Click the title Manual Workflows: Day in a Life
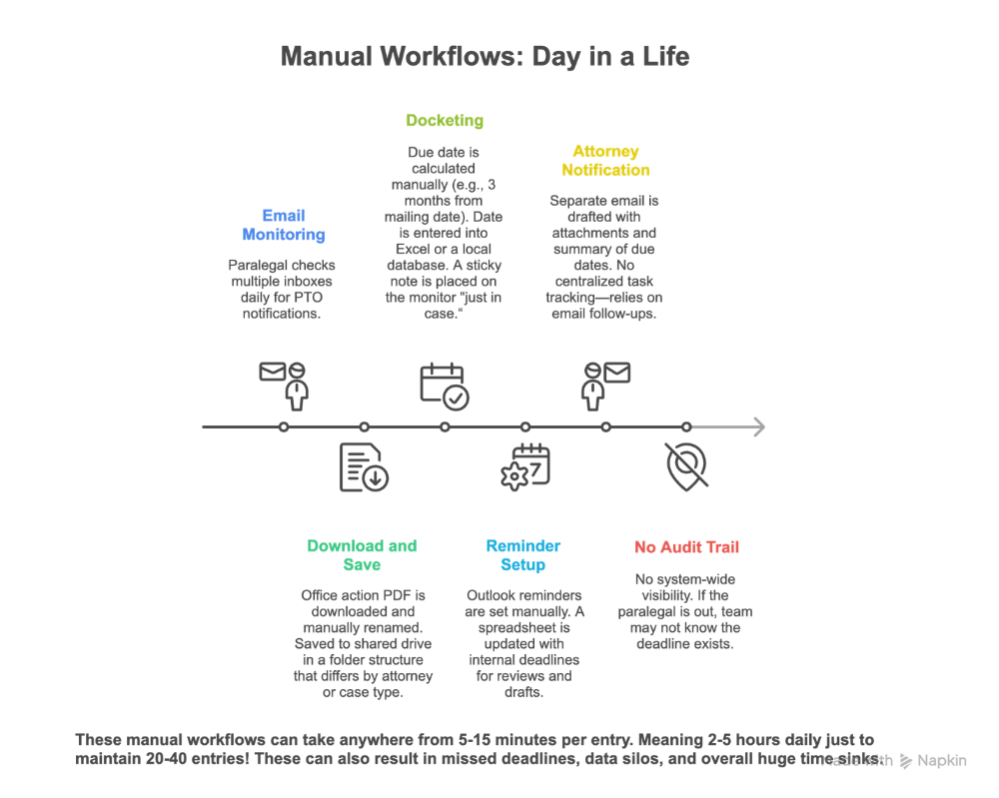485,56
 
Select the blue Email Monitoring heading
284,225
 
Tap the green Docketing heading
445,121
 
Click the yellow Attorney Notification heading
605,161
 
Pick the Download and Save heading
362,555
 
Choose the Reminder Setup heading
523,555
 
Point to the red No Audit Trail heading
686,547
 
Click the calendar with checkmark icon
445,386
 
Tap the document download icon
364,467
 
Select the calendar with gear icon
525,467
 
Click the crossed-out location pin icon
686,465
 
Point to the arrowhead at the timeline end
758,427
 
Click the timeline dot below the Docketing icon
445,427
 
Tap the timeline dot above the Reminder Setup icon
525,427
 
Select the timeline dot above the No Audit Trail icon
686,427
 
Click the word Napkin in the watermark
942,761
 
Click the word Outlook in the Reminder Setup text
494,596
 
